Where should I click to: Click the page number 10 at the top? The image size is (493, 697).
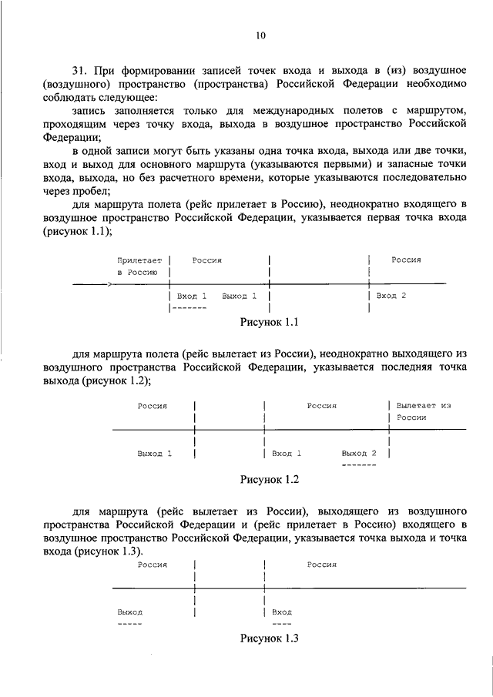tap(260, 35)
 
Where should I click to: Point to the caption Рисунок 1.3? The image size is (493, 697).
tap(269, 638)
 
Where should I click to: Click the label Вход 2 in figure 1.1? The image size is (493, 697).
tap(391, 296)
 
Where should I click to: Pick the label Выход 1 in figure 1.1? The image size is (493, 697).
tap(239, 296)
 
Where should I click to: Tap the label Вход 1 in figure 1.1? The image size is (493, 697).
tap(192, 296)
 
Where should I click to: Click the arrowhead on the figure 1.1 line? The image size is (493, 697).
tap(111, 284)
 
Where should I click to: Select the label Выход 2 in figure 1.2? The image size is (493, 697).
tap(359, 453)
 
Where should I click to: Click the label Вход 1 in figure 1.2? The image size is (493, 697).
tap(287, 453)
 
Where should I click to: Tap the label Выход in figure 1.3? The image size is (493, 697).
tap(129, 612)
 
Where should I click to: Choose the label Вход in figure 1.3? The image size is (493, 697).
tap(282, 612)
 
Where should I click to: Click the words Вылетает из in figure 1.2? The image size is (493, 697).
tap(423, 405)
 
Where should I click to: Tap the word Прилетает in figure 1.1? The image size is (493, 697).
tap(140, 260)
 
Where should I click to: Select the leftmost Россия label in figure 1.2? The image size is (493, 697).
tap(153, 405)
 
